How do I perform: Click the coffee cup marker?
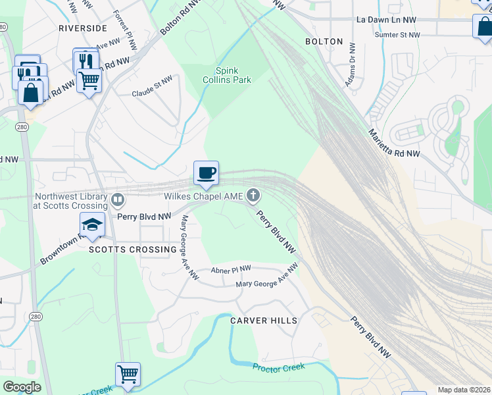click(x=206, y=173)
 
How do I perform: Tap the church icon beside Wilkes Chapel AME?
click(x=253, y=196)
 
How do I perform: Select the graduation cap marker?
click(x=92, y=224)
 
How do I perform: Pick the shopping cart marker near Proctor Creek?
click(x=128, y=374)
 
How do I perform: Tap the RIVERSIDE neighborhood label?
click(x=82, y=28)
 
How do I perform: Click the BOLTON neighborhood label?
click(x=324, y=41)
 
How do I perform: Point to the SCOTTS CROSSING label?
click(x=133, y=250)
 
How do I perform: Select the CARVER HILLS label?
click(x=264, y=321)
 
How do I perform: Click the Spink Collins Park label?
click(x=227, y=75)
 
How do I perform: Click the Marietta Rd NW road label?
click(x=393, y=144)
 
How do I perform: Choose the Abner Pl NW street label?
click(x=231, y=269)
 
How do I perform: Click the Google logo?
click(x=22, y=387)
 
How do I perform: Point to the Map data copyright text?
click(x=464, y=390)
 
